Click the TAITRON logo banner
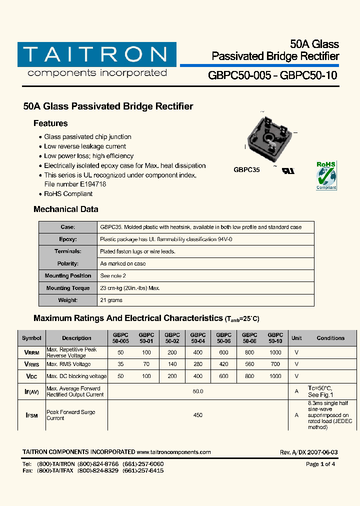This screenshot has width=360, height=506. pyautogui.click(x=96, y=54)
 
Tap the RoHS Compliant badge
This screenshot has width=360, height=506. pyautogui.click(x=326, y=175)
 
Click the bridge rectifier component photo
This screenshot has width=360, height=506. pyautogui.click(x=267, y=140)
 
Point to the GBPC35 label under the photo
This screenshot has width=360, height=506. pyautogui.click(x=246, y=170)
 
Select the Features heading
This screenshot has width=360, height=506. pyautogui.click(x=50, y=123)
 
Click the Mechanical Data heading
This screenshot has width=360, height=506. pyautogui.click(x=65, y=209)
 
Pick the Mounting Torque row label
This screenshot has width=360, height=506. pyautogui.click(x=68, y=288)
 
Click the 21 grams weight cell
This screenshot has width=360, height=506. pyautogui.click(x=111, y=300)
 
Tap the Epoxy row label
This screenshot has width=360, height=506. pyautogui.click(x=68, y=239)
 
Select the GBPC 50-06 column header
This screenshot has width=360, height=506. pyautogui.click(x=223, y=338)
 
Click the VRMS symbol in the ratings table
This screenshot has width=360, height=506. pyautogui.click(x=31, y=364)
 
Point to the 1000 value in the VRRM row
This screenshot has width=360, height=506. pyautogui.click(x=275, y=352)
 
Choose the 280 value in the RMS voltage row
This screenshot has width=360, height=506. pyautogui.click(x=198, y=364)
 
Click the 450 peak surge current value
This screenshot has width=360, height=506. pyautogui.click(x=198, y=415)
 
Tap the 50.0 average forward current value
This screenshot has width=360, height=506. pyautogui.click(x=198, y=391)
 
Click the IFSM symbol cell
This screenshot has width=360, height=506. pyautogui.click(x=31, y=415)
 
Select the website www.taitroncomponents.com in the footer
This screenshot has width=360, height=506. pyautogui.click(x=173, y=452)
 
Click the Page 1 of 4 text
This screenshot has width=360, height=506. pyautogui.click(x=320, y=464)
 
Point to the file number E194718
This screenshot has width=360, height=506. pyautogui.click(x=75, y=184)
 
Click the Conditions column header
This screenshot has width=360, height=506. pyautogui.click(x=330, y=338)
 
